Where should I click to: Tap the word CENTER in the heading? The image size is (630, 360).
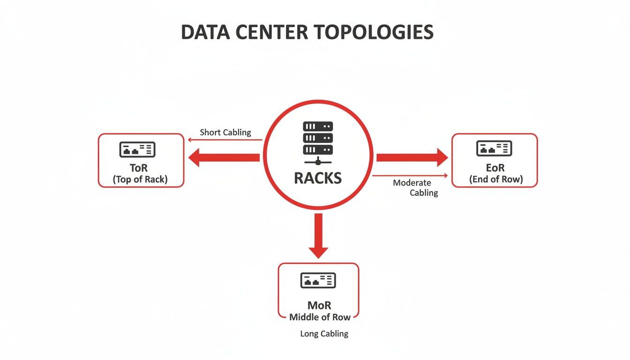click(x=276, y=32)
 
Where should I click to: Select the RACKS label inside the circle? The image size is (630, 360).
click(x=318, y=178)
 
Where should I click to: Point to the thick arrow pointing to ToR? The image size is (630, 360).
click(x=224, y=157)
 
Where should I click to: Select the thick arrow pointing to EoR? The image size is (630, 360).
click(x=412, y=157)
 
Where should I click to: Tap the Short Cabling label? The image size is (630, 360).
click(x=225, y=132)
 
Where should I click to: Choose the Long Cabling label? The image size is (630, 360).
click(x=324, y=334)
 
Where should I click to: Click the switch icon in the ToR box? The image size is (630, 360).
click(x=137, y=149)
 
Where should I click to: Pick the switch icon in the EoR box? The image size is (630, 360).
click(x=494, y=148)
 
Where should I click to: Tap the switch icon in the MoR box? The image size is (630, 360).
click(x=318, y=280)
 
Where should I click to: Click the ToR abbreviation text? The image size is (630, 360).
click(x=140, y=168)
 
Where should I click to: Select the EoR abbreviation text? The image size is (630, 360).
click(x=495, y=168)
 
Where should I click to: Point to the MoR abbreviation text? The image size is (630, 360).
click(x=319, y=305)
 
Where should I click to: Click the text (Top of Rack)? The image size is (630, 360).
click(x=140, y=179)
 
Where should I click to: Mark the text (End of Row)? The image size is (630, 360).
click(x=495, y=179)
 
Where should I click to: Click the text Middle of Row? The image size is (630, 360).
click(x=320, y=317)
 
